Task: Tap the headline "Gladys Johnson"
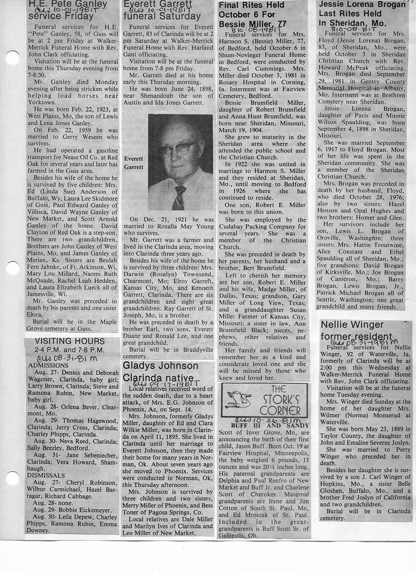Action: (160, 367)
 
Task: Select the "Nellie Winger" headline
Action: (352, 324)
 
